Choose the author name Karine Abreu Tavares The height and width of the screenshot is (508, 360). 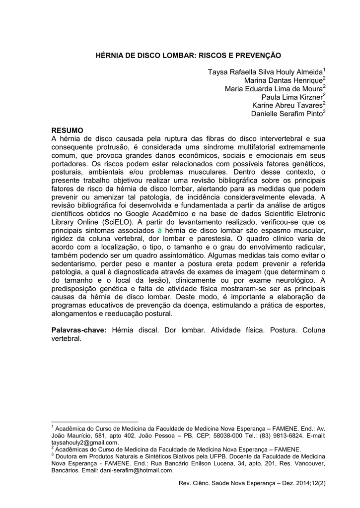pyautogui.click(x=287, y=105)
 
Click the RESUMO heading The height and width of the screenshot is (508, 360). pyautogui.click(x=68, y=130)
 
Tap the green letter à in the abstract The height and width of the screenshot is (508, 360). pyautogui.click(x=159, y=231)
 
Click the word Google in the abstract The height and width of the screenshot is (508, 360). pyautogui.click(x=144, y=214)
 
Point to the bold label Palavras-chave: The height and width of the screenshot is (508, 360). pyautogui.click(x=79, y=330)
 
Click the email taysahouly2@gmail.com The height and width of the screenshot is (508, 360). pyautogui.click(x=85, y=443)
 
